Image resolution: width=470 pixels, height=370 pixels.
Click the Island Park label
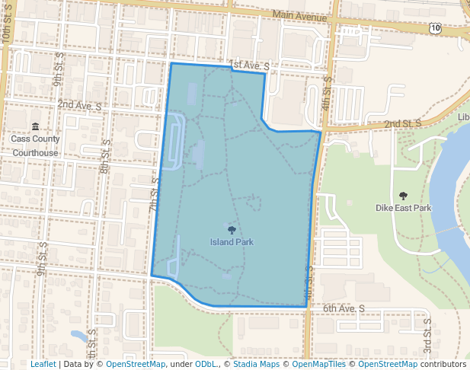point(232,242)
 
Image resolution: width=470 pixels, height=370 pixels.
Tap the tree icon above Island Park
point(232,229)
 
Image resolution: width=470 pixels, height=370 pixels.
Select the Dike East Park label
point(403,208)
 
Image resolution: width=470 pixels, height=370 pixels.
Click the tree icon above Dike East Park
point(403,196)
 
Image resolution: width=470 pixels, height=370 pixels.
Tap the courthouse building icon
point(34,126)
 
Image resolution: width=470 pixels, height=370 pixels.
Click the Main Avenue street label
point(301,15)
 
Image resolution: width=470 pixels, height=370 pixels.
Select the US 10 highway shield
point(434,27)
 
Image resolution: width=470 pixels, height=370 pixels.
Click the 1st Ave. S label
point(248,67)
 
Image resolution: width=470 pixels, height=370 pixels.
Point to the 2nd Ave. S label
point(79,104)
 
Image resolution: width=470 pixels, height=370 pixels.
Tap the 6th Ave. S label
point(344,308)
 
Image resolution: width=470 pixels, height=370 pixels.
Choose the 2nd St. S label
point(403,123)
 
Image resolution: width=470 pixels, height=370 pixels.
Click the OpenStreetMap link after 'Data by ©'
point(135,364)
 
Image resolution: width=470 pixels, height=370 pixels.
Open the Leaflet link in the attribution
point(43,364)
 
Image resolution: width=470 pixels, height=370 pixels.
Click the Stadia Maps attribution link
point(256,364)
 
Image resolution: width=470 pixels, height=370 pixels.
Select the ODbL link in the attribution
point(206,364)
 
